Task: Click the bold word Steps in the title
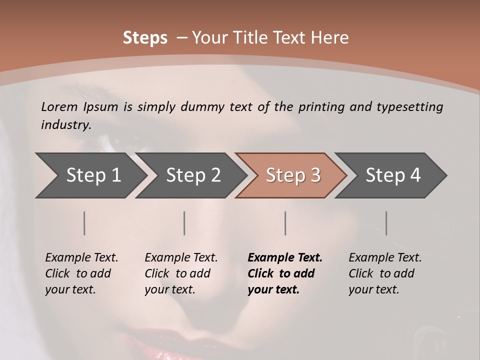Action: coord(145,38)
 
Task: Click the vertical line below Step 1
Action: coord(84,223)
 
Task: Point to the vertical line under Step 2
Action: coord(184,223)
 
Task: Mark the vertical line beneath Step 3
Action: coord(285,223)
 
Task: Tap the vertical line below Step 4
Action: coord(386,223)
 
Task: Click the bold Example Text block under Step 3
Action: coord(285,273)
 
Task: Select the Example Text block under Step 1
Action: coord(81,273)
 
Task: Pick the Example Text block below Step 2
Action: coord(181,273)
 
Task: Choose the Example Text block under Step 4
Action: coord(385,273)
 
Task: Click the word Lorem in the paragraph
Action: coord(59,106)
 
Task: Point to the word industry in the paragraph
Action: coord(65,124)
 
